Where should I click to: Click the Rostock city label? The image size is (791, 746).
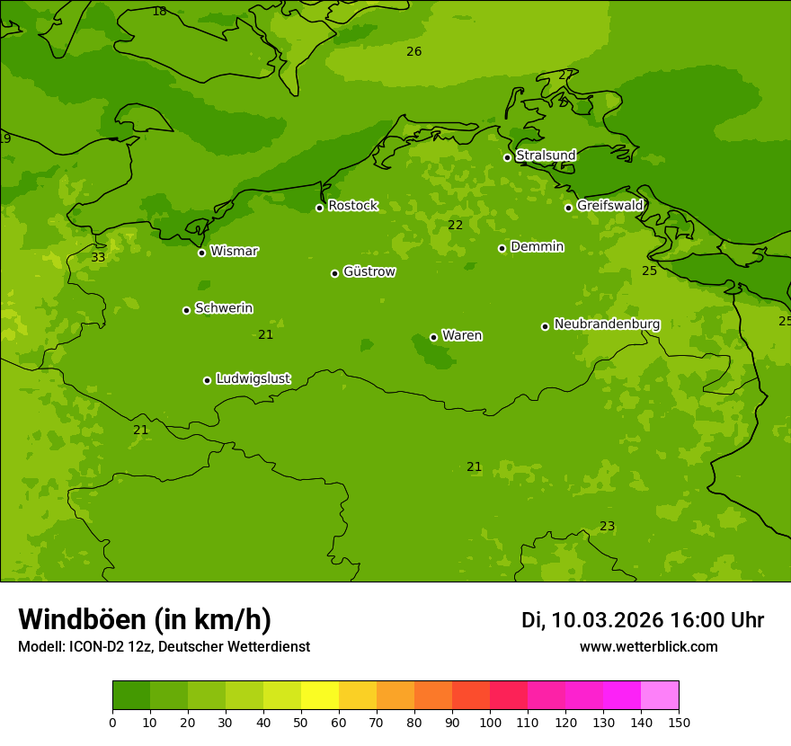click(x=352, y=206)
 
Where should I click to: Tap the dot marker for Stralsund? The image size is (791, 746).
click(x=507, y=157)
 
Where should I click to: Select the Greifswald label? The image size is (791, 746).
click(x=609, y=206)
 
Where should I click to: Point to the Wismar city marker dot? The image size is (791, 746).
click(x=201, y=253)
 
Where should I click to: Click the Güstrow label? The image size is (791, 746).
click(x=369, y=271)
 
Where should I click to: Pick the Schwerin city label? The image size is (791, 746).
click(x=224, y=308)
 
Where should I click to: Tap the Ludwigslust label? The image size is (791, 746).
click(x=253, y=379)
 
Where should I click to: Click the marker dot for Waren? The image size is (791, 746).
click(x=433, y=337)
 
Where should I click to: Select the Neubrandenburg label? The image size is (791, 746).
click(x=607, y=324)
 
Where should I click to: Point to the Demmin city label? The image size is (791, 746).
click(x=537, y=246)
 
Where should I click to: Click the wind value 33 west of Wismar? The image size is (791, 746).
click(x=98, y=258)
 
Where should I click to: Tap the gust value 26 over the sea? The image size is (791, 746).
click(x=413, y=52)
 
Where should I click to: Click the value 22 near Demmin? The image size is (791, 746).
click(x=455, y=226)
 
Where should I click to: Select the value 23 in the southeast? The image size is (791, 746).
click(x=607, y=527)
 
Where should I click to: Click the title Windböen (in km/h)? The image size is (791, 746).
click(x=145, y=619)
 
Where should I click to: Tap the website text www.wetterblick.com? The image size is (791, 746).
click(x=648, y=647)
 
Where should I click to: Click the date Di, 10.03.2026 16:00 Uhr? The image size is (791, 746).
click(x=642, y=620)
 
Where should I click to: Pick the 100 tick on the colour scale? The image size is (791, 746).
click(x=490, y=722)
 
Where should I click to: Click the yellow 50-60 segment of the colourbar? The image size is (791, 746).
click(x=320, y=696)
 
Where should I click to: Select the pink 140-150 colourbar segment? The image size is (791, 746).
click(x=660, y=696)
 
